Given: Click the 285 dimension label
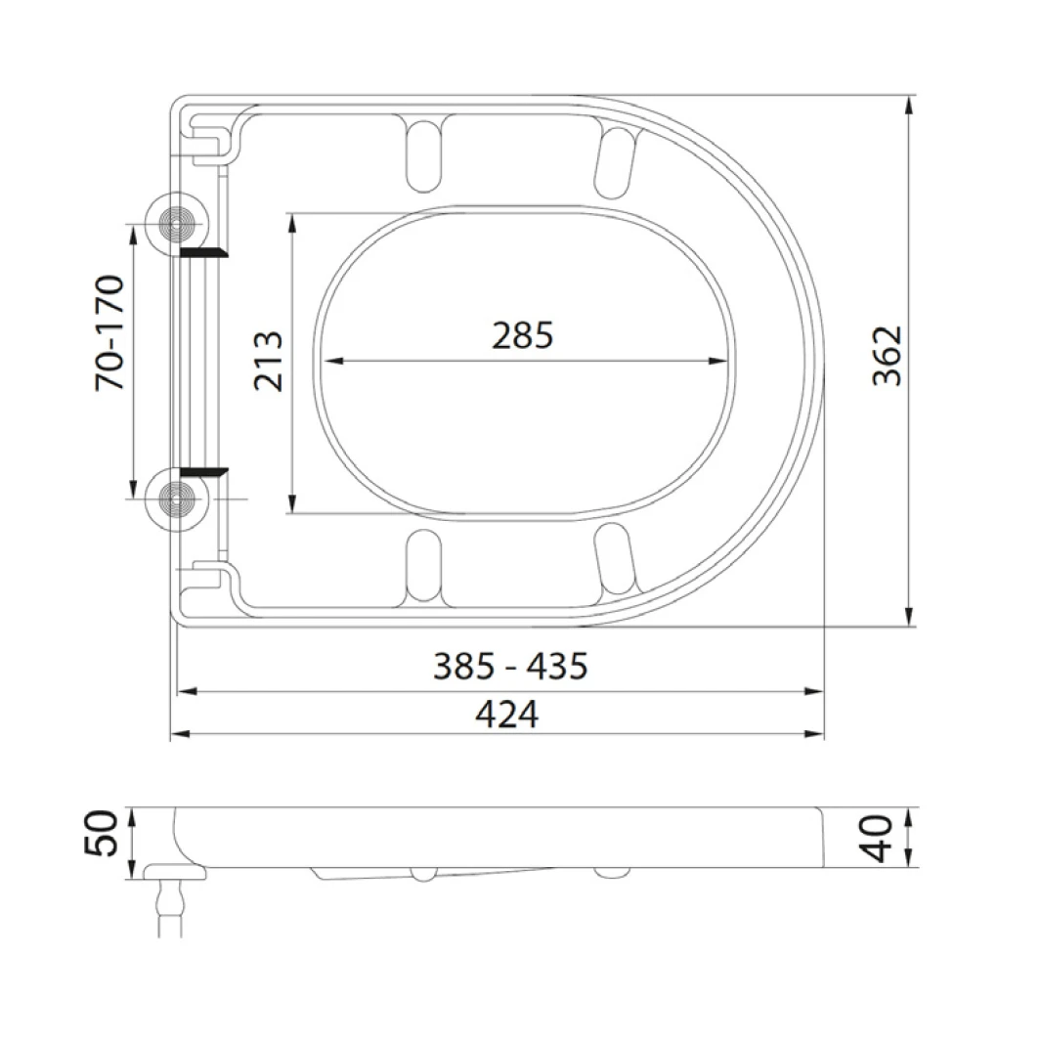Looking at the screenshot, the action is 522,335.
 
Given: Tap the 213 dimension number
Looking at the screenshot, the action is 269,361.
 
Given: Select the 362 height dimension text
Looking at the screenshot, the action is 888,356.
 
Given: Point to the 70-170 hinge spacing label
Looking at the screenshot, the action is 109,332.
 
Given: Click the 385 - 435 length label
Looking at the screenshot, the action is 510,666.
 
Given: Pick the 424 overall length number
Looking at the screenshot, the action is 507,715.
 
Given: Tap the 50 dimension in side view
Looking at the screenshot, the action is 102,833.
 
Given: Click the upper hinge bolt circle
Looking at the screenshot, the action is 177,224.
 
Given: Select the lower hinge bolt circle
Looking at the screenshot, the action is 177,499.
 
